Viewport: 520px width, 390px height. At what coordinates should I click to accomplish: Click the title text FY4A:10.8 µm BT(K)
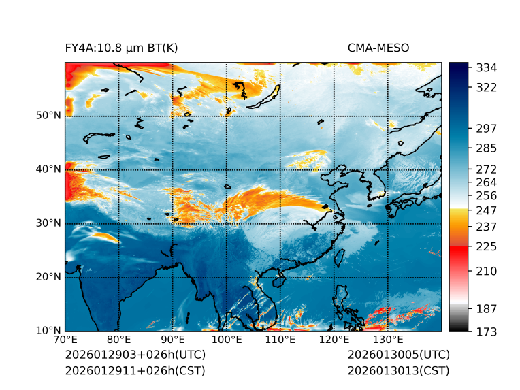(x=122, y=48)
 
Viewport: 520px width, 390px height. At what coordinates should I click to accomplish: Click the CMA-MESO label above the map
(x=378, y=48)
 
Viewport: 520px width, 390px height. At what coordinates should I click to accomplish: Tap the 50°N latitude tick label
(x=48, y=116)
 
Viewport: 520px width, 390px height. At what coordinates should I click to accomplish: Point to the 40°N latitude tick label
(x=48, y=169)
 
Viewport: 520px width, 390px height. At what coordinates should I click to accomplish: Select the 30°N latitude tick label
(x=48, y=223)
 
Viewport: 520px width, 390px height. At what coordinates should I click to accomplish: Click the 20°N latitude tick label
(x=48, y=277)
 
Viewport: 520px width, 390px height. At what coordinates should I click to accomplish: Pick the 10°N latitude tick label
(x=48, y=331)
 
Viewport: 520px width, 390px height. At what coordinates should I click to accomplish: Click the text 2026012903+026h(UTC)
(x=135, y=355)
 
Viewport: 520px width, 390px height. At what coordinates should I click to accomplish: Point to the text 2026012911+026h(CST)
(x=135, y=371)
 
